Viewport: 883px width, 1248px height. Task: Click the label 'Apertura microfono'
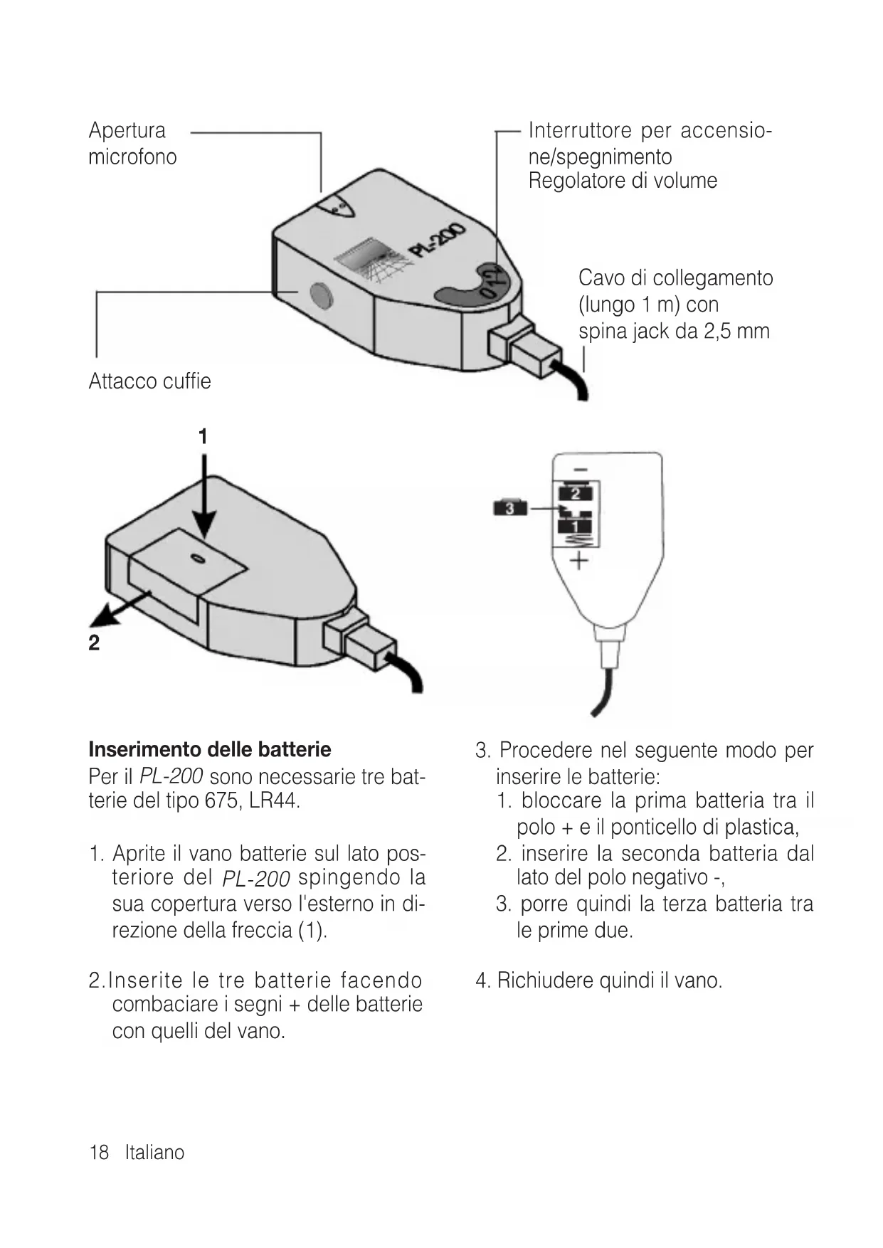click(x=132, y=144)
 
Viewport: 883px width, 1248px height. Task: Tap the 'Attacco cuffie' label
click(x=149, y=381)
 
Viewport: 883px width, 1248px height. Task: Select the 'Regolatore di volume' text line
click(x=623, y=181)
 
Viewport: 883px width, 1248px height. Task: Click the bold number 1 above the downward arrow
click(x=203, y=436)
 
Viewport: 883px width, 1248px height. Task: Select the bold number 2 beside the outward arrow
click(x=94, y=643)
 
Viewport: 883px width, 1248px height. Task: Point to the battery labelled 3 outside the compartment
click(x=510, y=508)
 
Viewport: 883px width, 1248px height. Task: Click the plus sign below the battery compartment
click(x=579, y=562)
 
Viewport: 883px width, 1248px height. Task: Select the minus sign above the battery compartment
click(x=581, y=470)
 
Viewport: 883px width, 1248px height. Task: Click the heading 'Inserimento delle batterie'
click(x=210, y=749)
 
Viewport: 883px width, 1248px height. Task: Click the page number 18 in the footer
click(x=98, y=1153)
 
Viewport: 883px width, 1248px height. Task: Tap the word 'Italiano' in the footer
click(x=154, y=1153)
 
